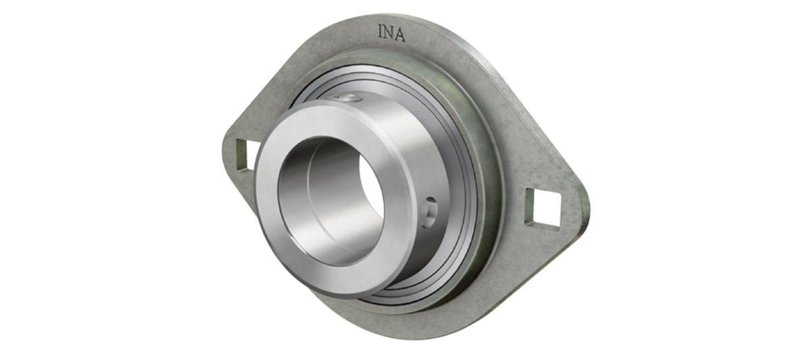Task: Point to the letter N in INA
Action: [x=389, y=33]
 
